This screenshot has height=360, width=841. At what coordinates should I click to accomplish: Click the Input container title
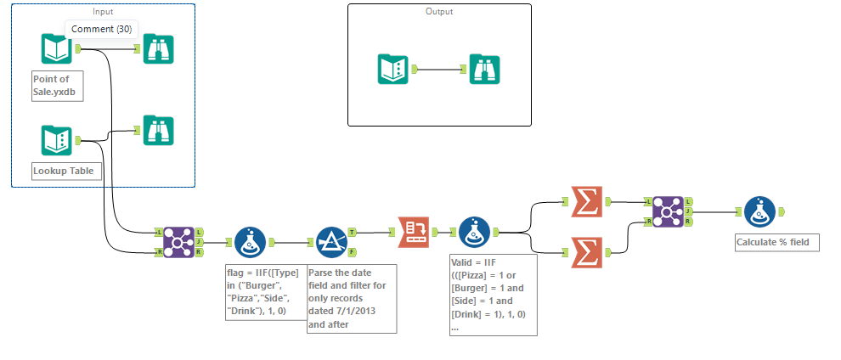102,11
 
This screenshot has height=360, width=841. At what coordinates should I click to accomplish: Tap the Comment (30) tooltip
99,30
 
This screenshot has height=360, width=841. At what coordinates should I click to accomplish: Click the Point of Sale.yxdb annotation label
57,85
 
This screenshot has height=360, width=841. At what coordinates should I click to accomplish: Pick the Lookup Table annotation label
62,171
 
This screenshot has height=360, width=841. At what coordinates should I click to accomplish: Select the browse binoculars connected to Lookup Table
158,130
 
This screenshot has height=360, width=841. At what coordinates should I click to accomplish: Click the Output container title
439,12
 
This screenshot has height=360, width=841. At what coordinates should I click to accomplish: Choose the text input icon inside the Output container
393,69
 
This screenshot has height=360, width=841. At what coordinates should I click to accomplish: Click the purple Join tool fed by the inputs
178,241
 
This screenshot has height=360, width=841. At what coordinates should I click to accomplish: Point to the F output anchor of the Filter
353,252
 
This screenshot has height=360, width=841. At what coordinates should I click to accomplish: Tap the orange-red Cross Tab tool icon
413,231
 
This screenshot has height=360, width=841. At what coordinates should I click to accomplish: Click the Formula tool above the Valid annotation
475,231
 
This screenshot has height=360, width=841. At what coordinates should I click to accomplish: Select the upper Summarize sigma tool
585,202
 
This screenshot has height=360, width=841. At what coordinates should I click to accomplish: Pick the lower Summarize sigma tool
585,251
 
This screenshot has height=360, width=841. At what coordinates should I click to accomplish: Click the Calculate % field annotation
777,243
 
